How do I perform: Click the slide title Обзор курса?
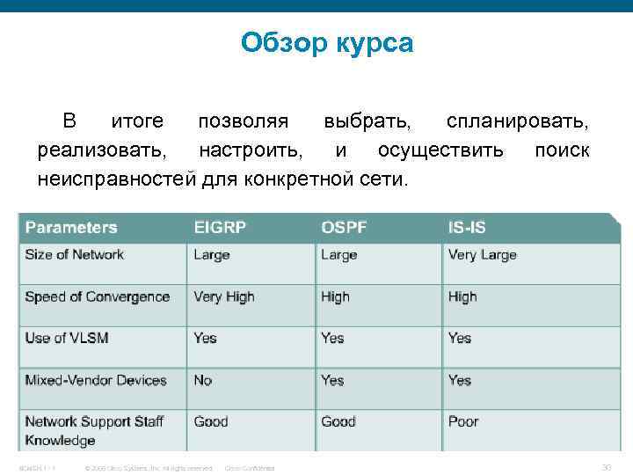[326, 42]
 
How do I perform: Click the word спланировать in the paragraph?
[517, 121]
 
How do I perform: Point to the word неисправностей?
[117, 180]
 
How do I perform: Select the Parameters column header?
[71, 228]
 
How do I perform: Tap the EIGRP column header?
[220, 228]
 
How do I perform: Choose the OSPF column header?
[344, 228]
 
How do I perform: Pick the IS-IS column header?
[467, 228]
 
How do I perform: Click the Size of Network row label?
[75, 255]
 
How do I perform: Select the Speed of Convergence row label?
[97, 297]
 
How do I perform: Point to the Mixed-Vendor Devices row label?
[96, 381]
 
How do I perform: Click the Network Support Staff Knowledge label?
[94, 430]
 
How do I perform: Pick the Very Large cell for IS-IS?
[482, 255]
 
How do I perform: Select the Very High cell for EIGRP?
[224, 297]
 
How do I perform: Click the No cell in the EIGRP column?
[203, 381]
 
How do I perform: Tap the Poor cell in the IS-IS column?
[463, 422]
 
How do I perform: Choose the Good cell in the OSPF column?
[338, 422]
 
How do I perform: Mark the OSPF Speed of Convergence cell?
[335, 297]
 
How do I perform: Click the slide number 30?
[606, 466]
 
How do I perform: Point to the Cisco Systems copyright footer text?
[147, 468]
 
